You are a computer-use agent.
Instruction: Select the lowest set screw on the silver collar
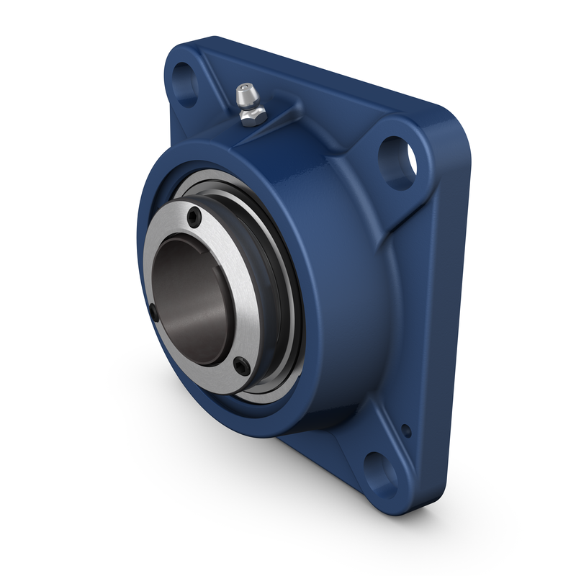[x=243, y=368]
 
